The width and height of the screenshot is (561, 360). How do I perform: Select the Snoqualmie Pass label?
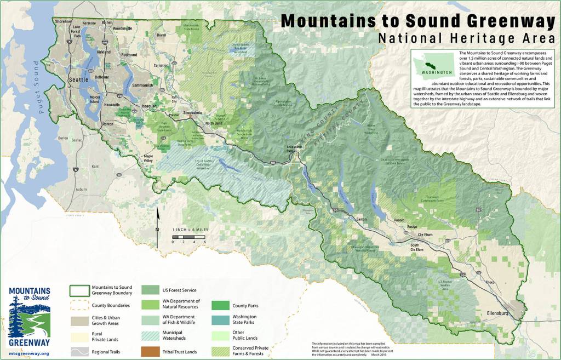296,150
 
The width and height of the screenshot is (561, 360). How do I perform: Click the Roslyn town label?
411,226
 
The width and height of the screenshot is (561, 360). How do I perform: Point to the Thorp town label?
491,282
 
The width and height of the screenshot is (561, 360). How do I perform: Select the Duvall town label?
161,35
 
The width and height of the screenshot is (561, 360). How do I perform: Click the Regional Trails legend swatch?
78,351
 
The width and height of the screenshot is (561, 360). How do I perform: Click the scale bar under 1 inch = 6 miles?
188,236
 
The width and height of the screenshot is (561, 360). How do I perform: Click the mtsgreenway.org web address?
30,353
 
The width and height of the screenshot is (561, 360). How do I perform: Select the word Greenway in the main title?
503,21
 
